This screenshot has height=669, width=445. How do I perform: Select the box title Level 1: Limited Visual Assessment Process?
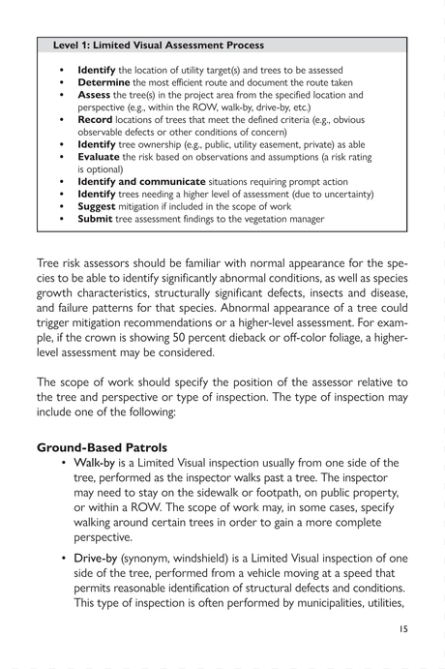pyautogui.click(x=159, y=45)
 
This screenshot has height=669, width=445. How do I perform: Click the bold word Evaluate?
pyautogui.click(x=102, y=157)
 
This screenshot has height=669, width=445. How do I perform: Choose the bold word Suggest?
pyautogui.click(x=101, y=206)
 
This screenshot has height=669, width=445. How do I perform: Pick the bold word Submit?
pyautogui.click(x=99, y=219)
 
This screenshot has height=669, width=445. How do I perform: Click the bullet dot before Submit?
pyautogui.click(x=62, y=219)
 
